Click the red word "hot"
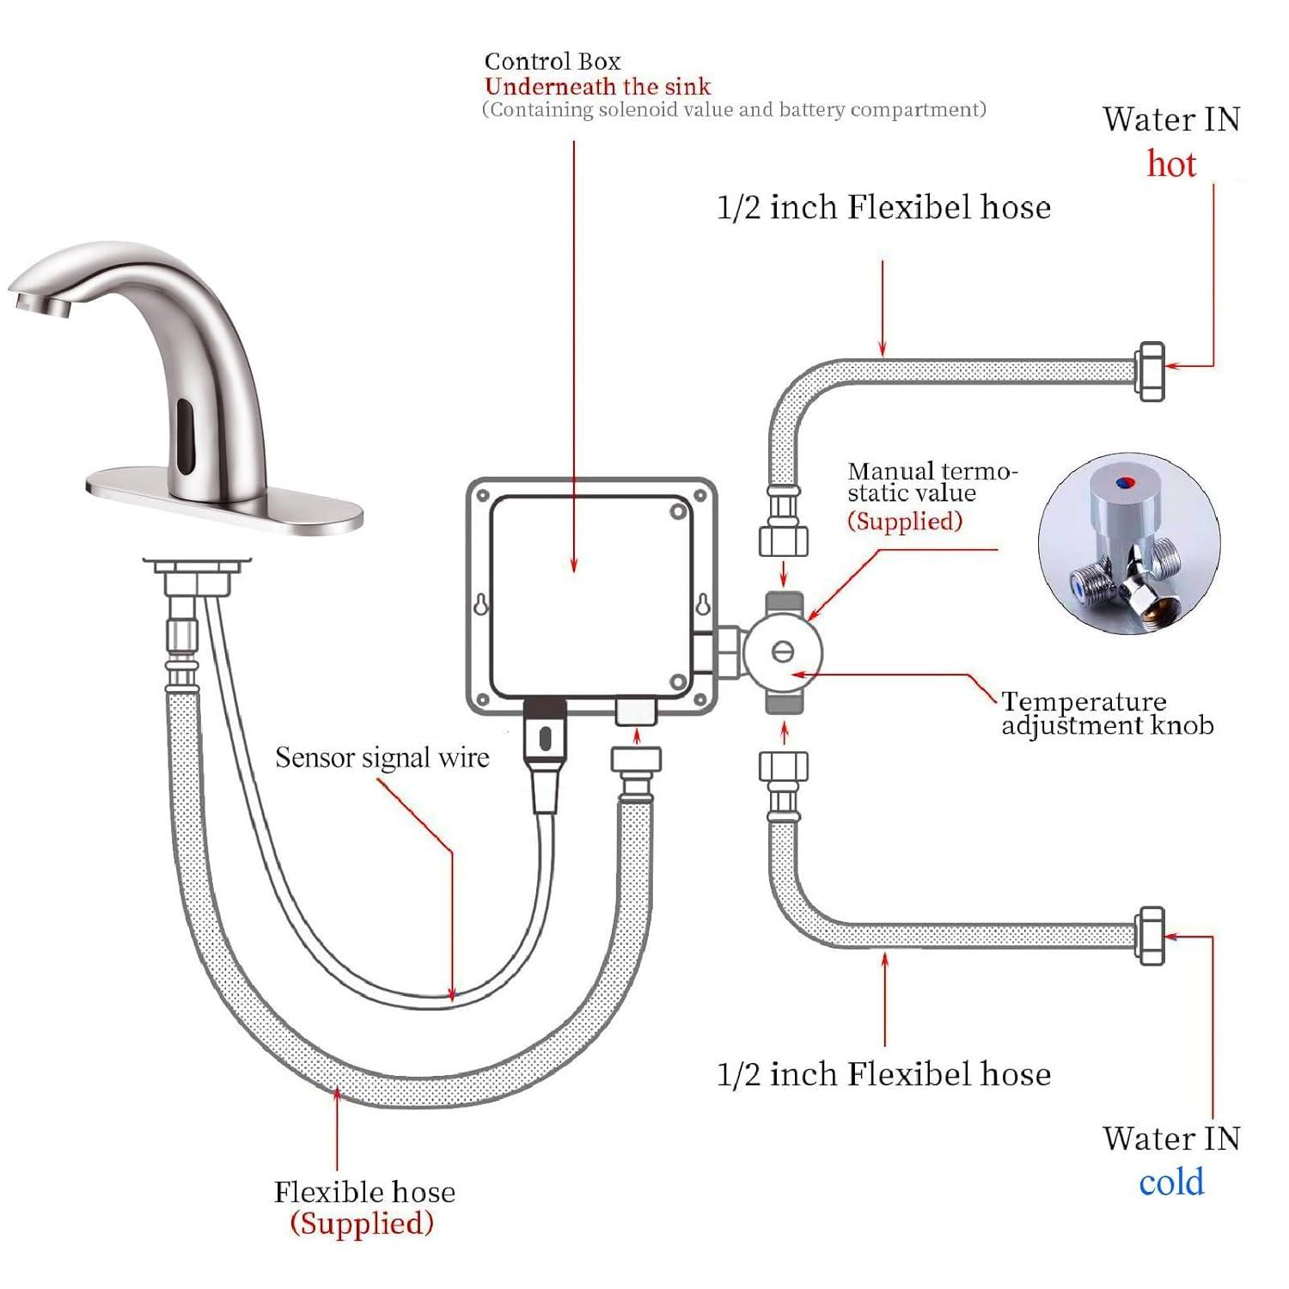(1171, 164)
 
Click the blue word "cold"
(1171, 1182)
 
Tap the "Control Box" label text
(552, 62)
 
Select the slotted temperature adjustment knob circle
(782, 651)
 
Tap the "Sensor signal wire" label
(382, 758)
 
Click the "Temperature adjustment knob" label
(1107, 713)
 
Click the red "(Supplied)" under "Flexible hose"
(362, 1224)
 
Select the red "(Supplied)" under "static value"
(904, 522)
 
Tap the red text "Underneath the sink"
(598, 87)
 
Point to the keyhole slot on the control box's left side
(482, 604)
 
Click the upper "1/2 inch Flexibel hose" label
(883, 208)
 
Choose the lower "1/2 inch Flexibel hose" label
(883, 1074)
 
